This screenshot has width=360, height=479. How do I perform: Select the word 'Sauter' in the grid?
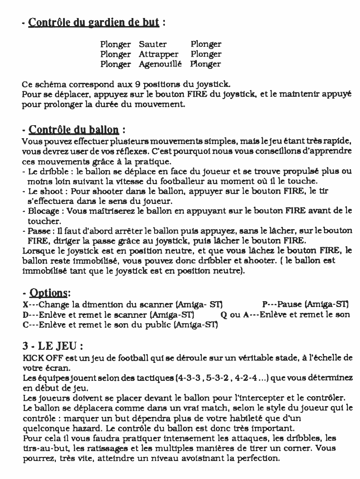click(x=153, y=44)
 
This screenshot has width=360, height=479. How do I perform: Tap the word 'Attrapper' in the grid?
click(x=158, y=54)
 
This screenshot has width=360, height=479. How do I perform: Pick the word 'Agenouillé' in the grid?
click(x=160, y=64)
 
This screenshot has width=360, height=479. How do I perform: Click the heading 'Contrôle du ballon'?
click(x=74, y=131)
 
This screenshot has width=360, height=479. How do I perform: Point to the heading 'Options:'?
click(x=49, y=293)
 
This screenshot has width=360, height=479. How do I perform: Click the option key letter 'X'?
click(x=24, y=305)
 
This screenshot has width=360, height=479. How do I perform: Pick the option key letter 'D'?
click(x=25, y=315)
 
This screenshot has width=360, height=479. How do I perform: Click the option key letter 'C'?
click(x=25, y=324)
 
